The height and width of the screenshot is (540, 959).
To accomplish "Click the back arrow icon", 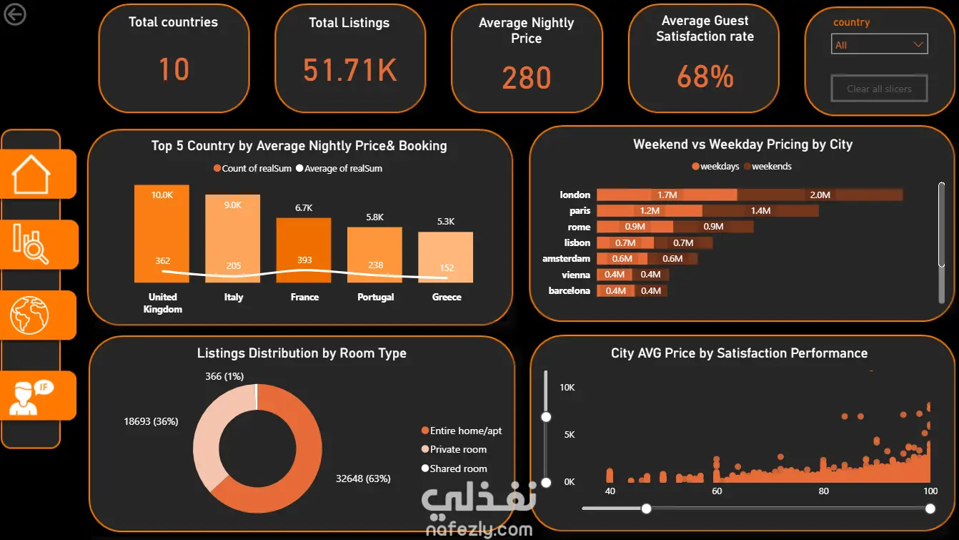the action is pyautogui.click(x=15, y=14).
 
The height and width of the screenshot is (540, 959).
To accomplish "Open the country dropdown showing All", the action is pyautogui.click(x=880, y=44).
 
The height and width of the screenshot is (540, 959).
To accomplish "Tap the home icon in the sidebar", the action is pyautogui.click(x=31, y=175).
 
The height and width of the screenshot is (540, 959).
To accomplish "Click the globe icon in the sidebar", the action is pyautogui.click(x=29, y=315).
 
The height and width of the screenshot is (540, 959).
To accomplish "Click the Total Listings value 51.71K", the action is pyautogui.click(x=349, y=70).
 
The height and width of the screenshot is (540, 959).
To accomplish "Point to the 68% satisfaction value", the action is pyautogui.click(x=705, y=77).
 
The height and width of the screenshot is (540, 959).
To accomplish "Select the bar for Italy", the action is pyautogui.click(x=232, y=239).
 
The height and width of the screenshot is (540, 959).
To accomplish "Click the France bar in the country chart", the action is pyautogui.click(x=304, y=250).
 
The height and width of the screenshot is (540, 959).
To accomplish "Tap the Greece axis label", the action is pyautogui.click(x=447, y=297).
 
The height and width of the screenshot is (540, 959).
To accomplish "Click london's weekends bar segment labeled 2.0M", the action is pyautogui.click(x=820, y=195).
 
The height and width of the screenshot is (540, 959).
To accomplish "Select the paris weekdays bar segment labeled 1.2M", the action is pyautogui.click(x=650, y=211).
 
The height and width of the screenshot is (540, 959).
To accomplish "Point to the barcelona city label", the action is pyautogui.click(x=569, y=290).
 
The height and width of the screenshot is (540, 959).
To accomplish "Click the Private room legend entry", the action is pyautogui.click(x=454, y=449).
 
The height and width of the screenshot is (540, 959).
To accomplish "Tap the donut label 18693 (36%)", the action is pyautogui.click(x=151, y=421).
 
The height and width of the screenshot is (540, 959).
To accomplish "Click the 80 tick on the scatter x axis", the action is pyautogui.click(x=823, y=491).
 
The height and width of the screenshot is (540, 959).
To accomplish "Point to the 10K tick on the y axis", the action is pyautogui.click(x=567, y=388).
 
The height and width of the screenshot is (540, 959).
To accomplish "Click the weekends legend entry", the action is pyautogui.click(x=767, y=166).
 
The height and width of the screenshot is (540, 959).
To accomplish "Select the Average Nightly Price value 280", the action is pyautogui.click(x=526, y=78).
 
